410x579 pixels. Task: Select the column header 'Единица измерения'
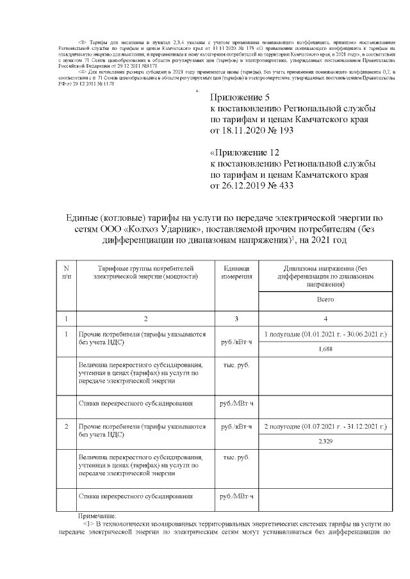click(x=236, y=271)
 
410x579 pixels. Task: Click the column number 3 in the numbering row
click(x=236, y=318)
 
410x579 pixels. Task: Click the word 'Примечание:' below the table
click(x=97, y=515)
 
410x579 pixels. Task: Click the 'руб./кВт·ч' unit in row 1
click(x=236, y=342)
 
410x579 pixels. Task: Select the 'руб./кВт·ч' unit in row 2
click(x=236, y=426)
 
